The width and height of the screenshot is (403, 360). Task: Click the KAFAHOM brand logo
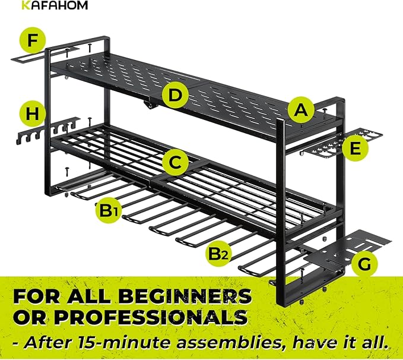(54, 5)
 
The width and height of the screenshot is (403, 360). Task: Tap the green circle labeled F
(36, 42)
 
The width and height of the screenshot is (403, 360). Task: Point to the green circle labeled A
(302, 109)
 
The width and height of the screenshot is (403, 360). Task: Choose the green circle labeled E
(354, 149)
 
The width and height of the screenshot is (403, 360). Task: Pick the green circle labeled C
(174, 162)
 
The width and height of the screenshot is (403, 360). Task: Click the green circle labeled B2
(221, 254)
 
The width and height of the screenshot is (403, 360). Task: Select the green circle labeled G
(364, 264)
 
